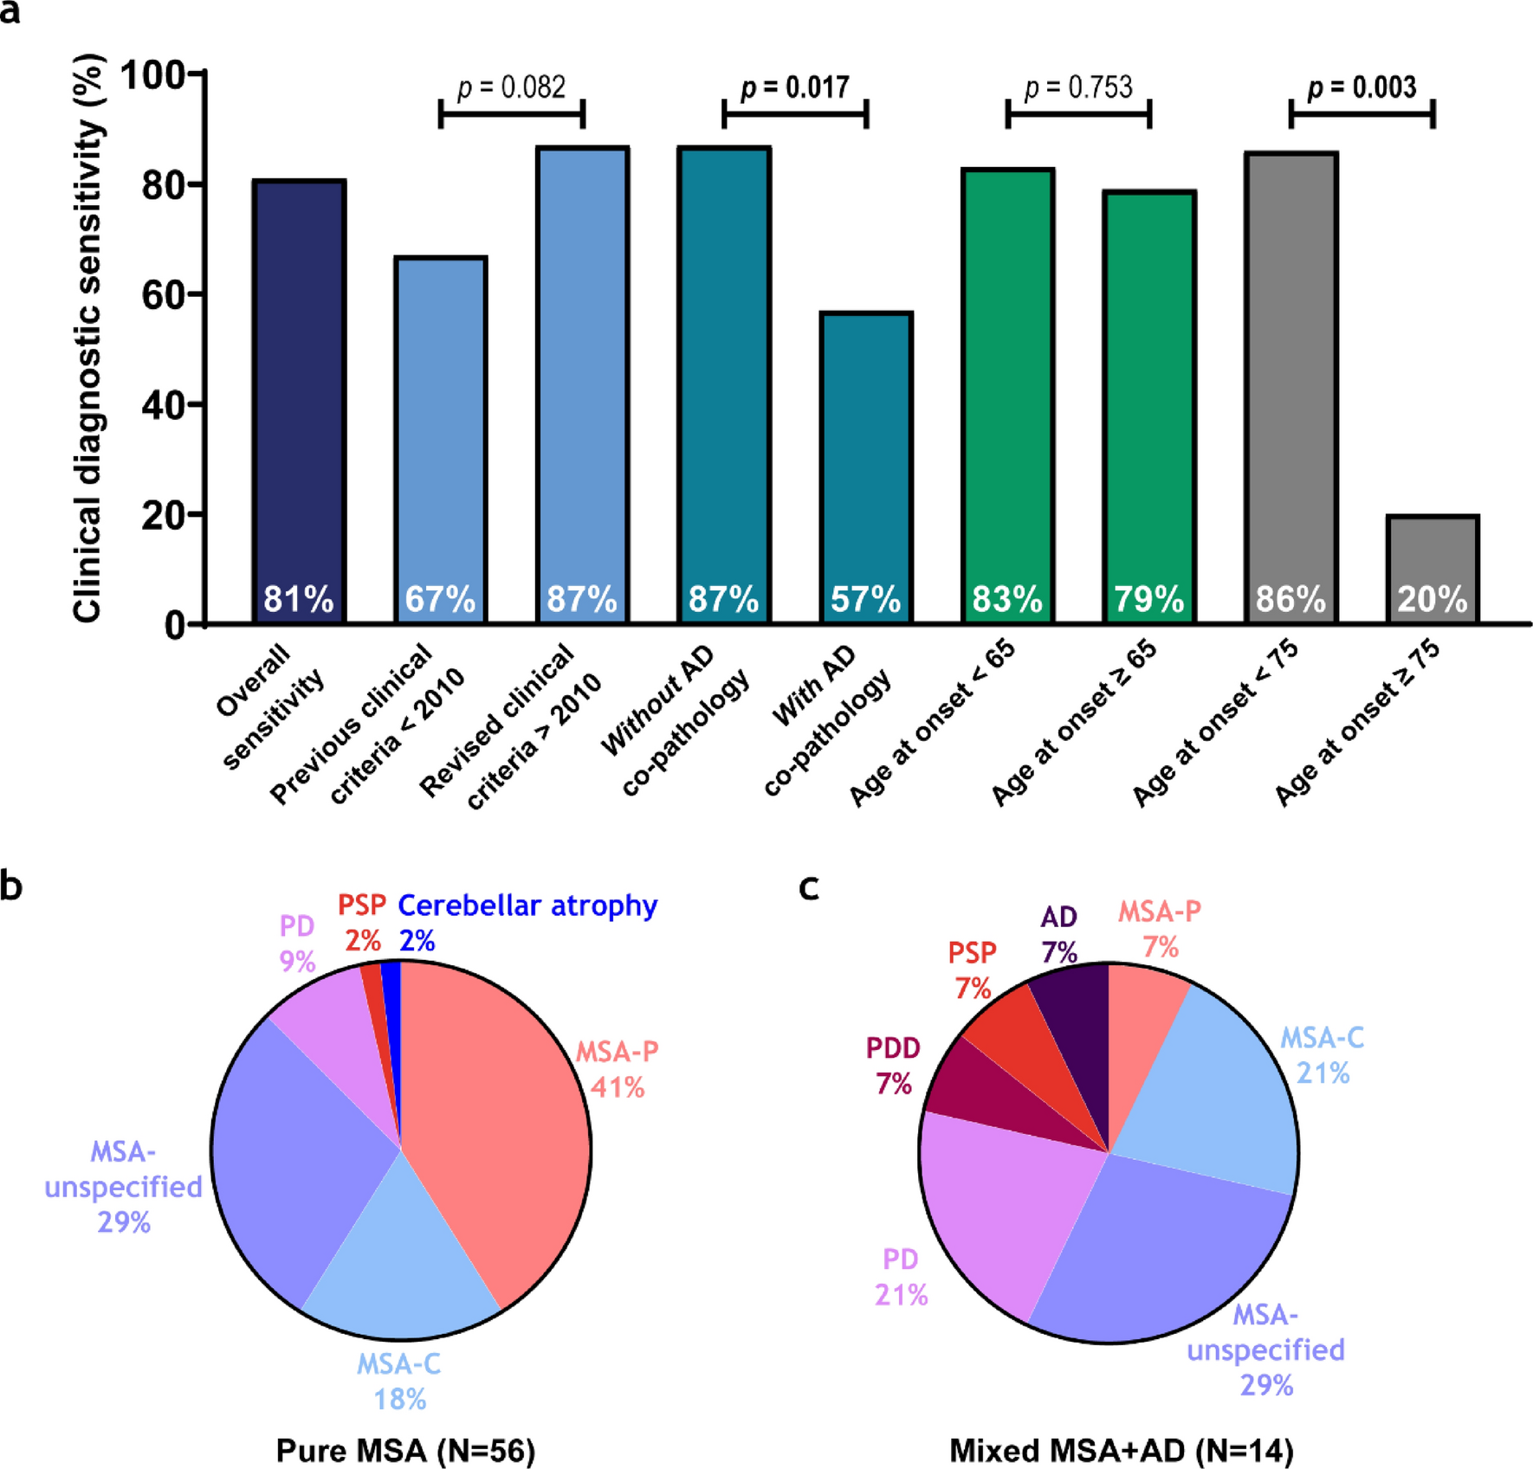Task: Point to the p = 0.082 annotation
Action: tap(511, 87)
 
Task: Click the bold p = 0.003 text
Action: tap(1362, 87)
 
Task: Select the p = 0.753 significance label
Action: tap(1078, 87)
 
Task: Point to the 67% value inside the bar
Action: tap(440, 599)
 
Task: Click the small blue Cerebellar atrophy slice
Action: tap(392, 983)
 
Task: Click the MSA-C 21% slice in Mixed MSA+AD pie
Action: tap(1213, 1091)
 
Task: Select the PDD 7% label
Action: tap(893, 1066)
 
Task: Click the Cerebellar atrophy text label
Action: tap(527, 906)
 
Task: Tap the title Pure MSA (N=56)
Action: tap(405, 1449)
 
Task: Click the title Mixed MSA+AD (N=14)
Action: tap(1121, 1449)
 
